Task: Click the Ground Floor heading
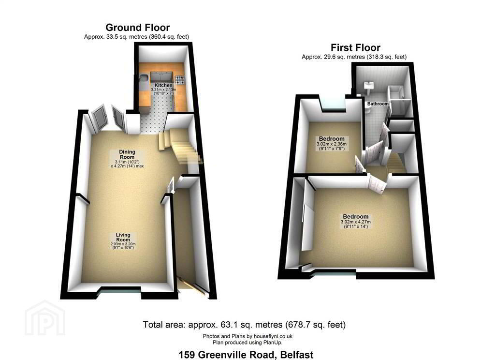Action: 137,28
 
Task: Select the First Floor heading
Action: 355,48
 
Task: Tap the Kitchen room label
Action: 163,85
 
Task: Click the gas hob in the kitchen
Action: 180,80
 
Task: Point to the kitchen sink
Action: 144,79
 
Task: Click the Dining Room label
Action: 127,154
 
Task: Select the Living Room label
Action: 123,237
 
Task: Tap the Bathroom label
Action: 378,104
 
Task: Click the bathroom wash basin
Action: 368,86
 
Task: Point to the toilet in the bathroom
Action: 367,109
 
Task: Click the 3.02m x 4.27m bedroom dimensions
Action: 355,222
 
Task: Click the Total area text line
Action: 244,325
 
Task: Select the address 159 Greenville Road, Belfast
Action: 246,355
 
